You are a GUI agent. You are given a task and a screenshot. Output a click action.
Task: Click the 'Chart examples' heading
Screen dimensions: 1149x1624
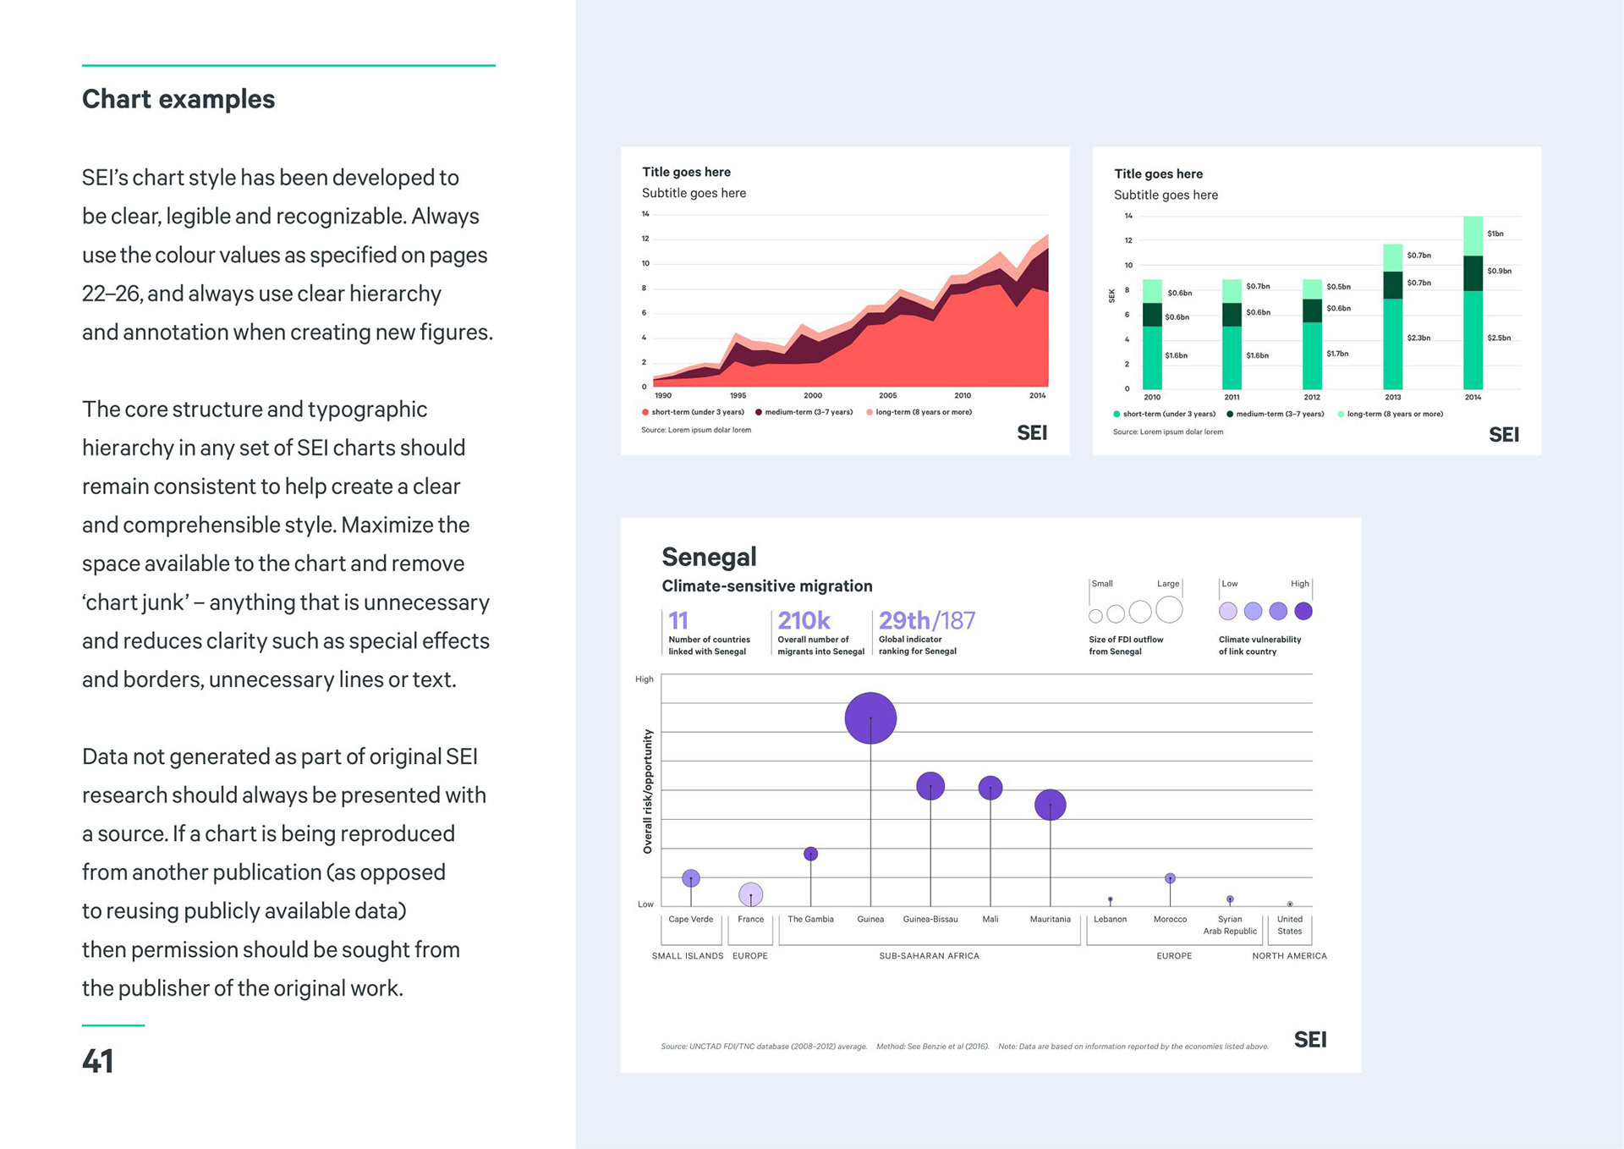click(178, 99)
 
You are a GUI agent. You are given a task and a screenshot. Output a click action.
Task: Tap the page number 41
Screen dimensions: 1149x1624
click(98, 1061)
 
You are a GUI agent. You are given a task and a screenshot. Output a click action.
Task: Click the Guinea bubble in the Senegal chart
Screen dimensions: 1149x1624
click(870, 718)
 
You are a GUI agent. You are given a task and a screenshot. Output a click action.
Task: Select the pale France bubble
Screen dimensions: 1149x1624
click(750, 893)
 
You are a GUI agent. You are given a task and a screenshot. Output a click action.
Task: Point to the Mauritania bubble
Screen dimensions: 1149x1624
click(1050, 805)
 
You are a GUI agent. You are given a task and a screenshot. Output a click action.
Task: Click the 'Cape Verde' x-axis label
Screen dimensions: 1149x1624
click(690, 919)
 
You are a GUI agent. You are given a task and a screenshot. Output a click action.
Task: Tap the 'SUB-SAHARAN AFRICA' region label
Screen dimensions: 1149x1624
click(929, 956)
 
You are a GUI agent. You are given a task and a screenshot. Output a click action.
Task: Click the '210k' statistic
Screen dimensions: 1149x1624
click(804, 621)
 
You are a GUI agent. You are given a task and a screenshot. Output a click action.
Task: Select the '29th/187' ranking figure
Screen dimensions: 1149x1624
click(926, 621)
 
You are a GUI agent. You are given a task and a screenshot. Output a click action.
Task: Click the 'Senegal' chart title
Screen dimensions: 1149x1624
click(709, 557)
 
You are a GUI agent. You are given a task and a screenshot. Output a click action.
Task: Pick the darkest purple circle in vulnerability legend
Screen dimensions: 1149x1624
click(1303, 611)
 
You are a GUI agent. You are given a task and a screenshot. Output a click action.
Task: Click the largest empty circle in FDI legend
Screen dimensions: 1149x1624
click(1169, 609)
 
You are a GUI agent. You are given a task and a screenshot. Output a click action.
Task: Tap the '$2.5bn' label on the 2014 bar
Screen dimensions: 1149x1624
click(1499, 338)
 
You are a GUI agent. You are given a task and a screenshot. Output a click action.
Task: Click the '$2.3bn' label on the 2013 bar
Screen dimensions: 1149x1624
click(1418, 338)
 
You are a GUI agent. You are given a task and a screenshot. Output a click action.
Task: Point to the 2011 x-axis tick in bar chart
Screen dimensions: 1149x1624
click(1232, 397)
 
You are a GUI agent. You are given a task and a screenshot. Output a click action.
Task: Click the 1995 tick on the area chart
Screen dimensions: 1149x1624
click(738, 395)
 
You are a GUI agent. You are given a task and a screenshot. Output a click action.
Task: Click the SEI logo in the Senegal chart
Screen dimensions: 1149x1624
click(1310, 1040)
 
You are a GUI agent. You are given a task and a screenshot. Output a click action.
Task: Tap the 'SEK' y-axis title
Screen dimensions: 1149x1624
click(1111, 295)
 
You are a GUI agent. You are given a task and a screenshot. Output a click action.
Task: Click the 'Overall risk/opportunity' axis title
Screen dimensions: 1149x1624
click(648, 791)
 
